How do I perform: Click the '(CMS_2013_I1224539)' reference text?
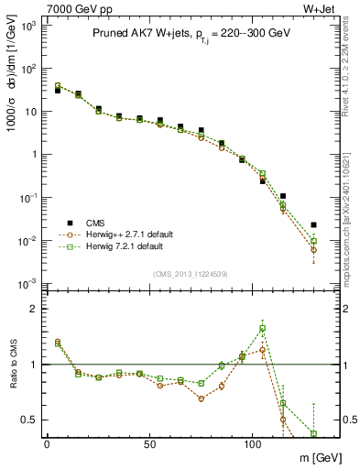(x=190, y=273)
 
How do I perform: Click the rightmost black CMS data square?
(x=313, y=224)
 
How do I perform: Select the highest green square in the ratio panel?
(x=263, y=328)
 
